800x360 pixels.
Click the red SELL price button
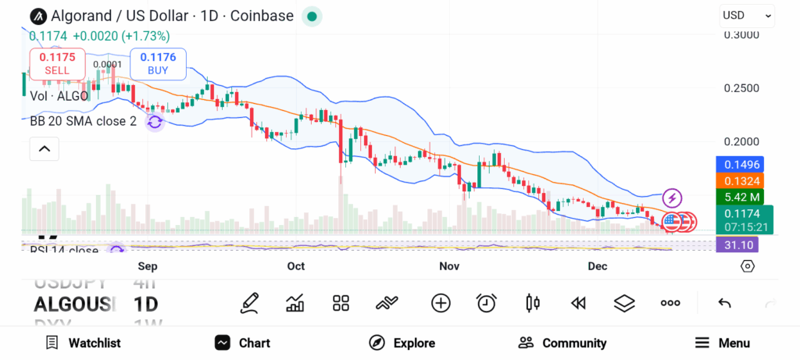(57, 62)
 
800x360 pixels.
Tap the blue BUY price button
(158, 62)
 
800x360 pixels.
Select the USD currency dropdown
(746, 15)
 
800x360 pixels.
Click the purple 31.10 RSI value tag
(738, 245)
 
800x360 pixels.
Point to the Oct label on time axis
(296, 266)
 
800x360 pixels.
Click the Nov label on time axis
(449, 266)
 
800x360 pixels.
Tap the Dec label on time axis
(598, 266)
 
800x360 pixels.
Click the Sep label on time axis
(148, 266)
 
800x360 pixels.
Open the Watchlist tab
(83, 343)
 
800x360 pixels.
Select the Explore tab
(402, 343)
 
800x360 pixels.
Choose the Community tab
(562, 343)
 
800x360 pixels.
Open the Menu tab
(723, 343)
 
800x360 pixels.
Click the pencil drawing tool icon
(249, 303)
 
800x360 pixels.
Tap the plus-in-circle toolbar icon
(441, 303)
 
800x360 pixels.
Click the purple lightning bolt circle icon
(672, 198)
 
